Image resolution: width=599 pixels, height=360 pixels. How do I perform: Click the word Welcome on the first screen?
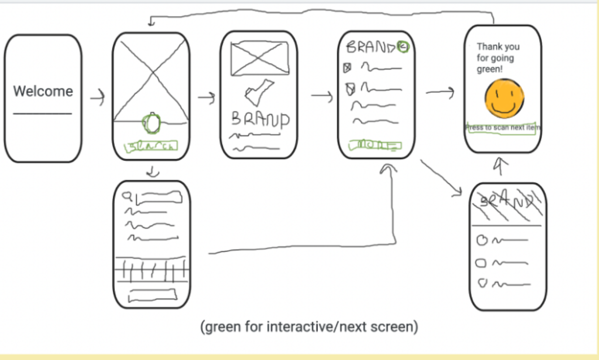click(x=43, y=91)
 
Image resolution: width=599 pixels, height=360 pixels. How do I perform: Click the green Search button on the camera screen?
click(x=151, y=147)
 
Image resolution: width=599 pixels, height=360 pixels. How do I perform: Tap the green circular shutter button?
click(x=152, y=122)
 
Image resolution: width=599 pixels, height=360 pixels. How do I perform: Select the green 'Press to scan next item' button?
click(x=503, y=128)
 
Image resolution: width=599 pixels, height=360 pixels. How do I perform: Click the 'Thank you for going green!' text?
click(x=498, y=58)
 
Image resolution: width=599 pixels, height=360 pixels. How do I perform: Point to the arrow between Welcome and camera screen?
click(x=98, y=98)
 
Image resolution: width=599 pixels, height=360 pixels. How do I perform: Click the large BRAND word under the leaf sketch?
click(x=260, y=119)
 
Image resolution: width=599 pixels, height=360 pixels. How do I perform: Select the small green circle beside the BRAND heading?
click(x=403, y=47)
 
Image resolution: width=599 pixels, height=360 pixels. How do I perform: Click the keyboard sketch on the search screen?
click(x=152, y=270)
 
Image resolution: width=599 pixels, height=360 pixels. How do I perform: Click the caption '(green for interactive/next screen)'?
click(x=309, y=328)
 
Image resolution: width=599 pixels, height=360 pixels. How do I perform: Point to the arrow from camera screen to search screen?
click(x=153, y=172)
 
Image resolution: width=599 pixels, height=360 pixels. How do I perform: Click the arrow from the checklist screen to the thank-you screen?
click(x=440, y=92)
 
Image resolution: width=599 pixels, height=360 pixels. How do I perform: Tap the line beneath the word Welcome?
click(x=42, y=114)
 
